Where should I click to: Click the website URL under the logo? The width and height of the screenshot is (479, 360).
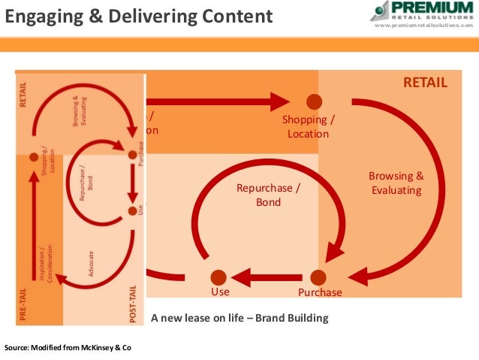[x=424, y=25]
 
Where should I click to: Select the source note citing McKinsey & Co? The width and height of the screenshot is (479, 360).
[x=68, y=349]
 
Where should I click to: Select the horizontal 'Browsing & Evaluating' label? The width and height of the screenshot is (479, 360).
[x=396, y=183]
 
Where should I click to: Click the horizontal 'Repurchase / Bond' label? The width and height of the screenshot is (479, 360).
[x=268, y=195]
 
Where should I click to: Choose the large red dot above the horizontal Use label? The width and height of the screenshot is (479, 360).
[x=218, y=277]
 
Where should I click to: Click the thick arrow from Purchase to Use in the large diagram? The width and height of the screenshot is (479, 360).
[x=270, y=278]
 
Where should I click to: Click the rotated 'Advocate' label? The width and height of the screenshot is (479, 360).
[x=91, y=263]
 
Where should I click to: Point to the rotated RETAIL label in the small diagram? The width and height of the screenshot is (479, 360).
[x=24, y=95]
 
